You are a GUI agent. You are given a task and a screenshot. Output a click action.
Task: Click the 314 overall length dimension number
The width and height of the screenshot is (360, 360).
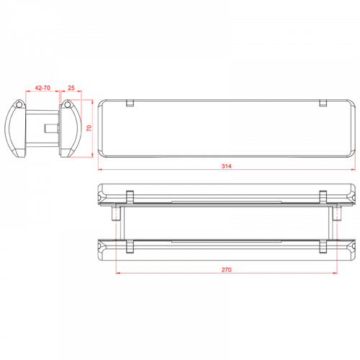(226, 166)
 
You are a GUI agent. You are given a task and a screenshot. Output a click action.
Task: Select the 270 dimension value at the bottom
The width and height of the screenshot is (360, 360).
(226, 270)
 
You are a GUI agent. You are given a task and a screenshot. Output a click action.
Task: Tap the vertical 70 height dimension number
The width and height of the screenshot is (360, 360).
(89, 127)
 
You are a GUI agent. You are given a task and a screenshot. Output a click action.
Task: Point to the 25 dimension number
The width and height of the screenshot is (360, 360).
(71, 87)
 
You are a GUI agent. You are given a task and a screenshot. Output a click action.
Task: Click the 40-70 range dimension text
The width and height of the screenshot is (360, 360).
(42, 87)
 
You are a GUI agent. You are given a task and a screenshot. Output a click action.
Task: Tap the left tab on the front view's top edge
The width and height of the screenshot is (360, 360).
(130, 102)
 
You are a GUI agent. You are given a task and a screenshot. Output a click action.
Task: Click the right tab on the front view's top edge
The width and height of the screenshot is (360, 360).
(323, 102)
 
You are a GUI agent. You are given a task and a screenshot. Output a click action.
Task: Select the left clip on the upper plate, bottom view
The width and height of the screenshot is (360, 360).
(130, 196)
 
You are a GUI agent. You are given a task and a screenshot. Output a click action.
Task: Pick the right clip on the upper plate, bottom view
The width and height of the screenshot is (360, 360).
(323, 196)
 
